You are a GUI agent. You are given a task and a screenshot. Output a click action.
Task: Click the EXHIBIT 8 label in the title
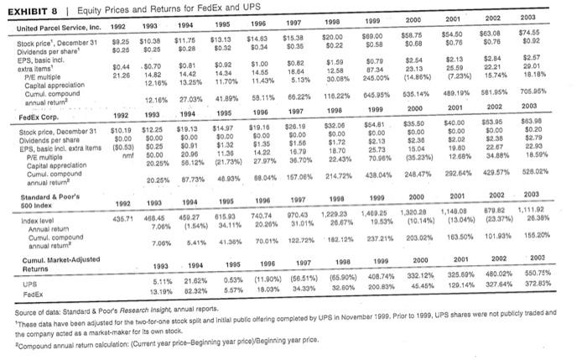click(29, 10)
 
